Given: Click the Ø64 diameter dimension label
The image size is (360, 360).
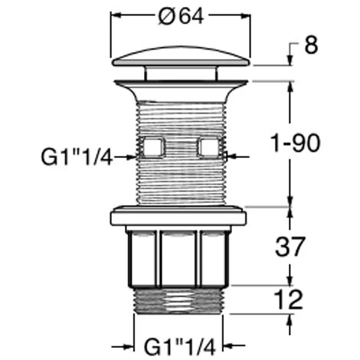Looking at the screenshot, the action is (x=181, y=16).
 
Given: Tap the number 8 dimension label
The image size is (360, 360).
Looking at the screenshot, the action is (x=311, y=45).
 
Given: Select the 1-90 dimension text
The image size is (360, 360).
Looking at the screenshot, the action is (x=296, y=143).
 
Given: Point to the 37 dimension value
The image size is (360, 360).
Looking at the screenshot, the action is (x=290, y=247).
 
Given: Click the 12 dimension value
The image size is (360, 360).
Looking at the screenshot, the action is (x=288, y=299).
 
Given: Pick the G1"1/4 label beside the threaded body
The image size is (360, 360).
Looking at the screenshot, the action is (x=77, y=157).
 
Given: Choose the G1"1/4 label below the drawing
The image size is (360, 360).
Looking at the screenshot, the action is (x=180, y=346).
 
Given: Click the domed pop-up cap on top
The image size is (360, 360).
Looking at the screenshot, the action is (x=181, y=57).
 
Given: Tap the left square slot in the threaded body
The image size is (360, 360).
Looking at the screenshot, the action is (x=153, y=147).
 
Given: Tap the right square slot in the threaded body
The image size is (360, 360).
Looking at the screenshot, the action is (x=209, y=147).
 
